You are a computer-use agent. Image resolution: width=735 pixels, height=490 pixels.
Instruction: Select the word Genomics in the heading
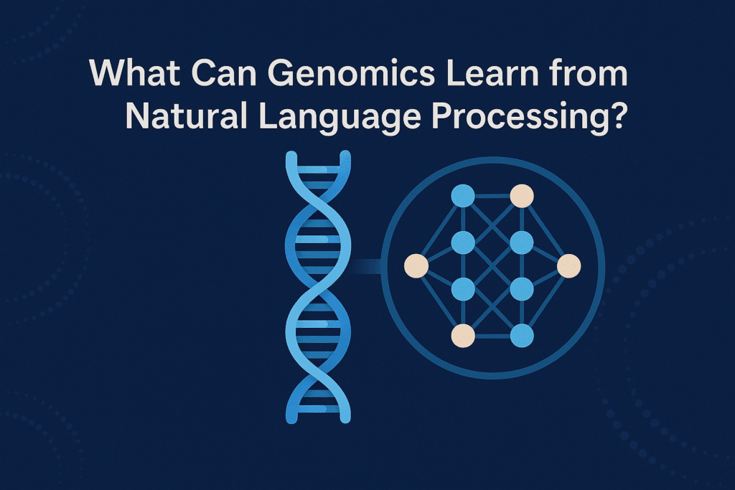point(351,73)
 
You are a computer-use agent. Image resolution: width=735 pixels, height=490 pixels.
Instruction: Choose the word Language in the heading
point(340,119)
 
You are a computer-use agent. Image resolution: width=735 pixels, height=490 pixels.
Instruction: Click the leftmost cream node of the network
point(416,266)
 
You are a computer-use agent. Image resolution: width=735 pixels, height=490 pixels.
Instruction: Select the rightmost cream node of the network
point(569,266)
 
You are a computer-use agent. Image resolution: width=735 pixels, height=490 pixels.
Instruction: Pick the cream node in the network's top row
point(522,196)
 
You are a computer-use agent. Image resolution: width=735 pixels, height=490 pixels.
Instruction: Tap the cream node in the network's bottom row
point(463,336)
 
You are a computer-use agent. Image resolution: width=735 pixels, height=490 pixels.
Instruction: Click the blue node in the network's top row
point(463,196)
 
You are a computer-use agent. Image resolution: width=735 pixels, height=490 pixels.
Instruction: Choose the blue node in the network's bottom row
point(522,336)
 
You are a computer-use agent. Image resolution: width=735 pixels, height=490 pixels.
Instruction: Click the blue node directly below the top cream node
point(522,242)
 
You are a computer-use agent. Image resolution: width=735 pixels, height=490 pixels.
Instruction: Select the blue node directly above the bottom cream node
point(463,289)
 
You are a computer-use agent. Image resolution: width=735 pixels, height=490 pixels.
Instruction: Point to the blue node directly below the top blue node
point(463,242)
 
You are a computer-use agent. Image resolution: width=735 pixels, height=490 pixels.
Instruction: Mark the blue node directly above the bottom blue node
point(522,289)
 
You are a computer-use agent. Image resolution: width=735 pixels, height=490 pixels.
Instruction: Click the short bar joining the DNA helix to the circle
point(365,266)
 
